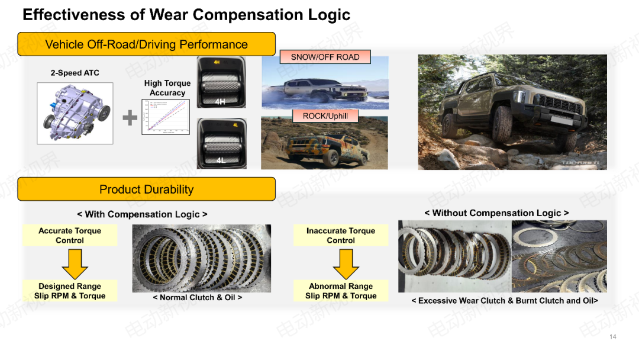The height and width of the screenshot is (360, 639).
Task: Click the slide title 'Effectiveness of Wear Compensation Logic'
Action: (x=186, y=15)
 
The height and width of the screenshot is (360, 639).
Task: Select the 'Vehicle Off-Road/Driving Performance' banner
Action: (x=146, y=44)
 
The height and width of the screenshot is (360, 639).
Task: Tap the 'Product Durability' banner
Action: (x=146, y=189)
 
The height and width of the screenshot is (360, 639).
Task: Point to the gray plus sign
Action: (x=130, y=118)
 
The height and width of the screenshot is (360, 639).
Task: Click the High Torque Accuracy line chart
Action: (x=166, y=117)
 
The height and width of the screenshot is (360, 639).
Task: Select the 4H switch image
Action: (x=220, y=83)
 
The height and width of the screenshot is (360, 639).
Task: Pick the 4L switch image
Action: (x=220, y=143)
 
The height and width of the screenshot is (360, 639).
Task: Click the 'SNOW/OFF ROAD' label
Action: (x=325, y=57)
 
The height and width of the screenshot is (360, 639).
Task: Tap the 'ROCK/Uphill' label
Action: (x=325, y=116)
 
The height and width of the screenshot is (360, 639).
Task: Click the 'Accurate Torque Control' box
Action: (x=70, y=236)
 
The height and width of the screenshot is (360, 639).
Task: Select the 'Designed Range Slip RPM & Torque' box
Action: (x=70, y=291)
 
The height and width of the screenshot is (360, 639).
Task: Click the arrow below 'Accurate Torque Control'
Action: (x=75, y=263)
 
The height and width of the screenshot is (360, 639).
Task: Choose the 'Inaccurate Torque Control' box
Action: (x=341, y=236)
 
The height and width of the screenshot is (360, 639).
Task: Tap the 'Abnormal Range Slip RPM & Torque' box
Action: (x=341, y=291)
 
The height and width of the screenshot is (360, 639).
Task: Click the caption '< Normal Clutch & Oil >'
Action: (x=198, y=298)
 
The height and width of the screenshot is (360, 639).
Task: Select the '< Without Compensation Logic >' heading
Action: (x=496, y=213)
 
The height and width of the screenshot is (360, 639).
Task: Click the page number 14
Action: (x=612, y=337)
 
